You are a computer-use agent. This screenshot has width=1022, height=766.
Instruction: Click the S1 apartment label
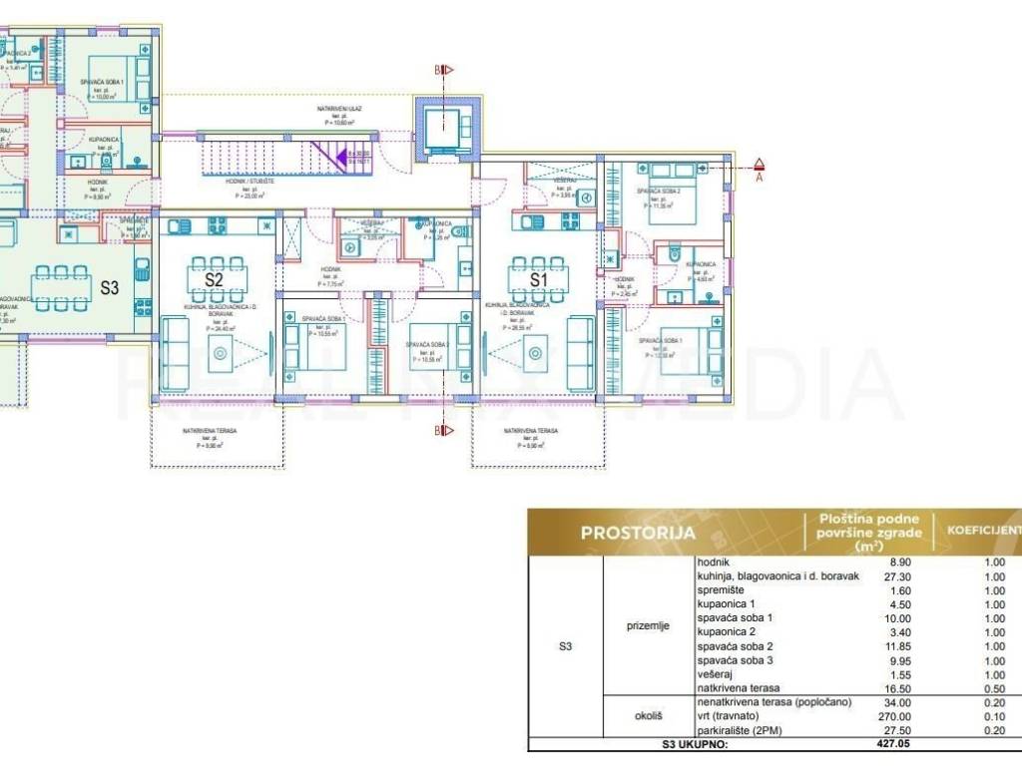click(x=539, y=280)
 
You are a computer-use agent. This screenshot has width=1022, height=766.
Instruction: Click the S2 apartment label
click(x=214, y=280)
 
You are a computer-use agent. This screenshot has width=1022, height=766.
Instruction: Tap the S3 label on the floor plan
click(x=109, y=288)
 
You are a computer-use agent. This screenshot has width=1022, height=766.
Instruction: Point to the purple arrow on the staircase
click(x=341, y=156)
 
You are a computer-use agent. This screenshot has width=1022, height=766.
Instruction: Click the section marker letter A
click(x=759, y=179)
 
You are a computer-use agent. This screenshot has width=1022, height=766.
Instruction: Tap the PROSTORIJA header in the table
click(x=638, y=533)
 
